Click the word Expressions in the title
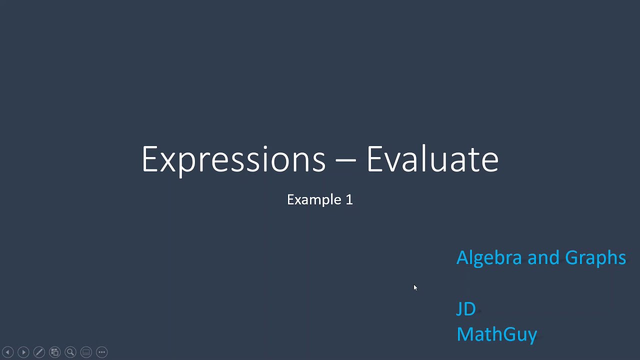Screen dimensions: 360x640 tap(233, 159)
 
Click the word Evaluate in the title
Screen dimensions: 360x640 tap(432, 159)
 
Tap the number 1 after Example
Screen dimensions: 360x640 tap(349, 199)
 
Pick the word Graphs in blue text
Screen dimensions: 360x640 tap(595, 258)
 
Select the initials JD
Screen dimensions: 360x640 tap(466, 309)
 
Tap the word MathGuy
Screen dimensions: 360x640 tap(496, 334)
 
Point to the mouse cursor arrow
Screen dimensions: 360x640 tap(415, 287)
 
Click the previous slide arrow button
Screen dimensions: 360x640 tap(7, 352)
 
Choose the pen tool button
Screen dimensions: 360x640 tap(39, 352)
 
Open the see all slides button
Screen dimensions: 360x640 tap(54, 352)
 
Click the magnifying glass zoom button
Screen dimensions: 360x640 tap(70, 352)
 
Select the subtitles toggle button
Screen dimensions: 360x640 tap(86, 352)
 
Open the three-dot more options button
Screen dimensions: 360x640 tap(101, 352)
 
